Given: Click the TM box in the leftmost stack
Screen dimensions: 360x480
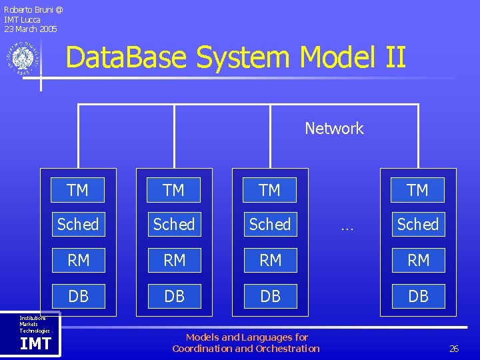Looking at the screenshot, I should tap(78, 190).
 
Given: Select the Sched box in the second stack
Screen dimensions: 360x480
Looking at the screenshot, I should tap(174, 225).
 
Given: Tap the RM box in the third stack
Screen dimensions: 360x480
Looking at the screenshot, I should tap(270, 260).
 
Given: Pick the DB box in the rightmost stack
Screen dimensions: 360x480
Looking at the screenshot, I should tap(418, 295).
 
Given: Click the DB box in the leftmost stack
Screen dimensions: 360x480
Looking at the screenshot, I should tap(78, 295).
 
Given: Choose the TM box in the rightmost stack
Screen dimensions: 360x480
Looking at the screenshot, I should tap(418, 190).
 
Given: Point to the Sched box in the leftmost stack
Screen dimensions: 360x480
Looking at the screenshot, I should tap(78, 225).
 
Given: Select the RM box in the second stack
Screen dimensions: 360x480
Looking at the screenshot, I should tap(174, 260).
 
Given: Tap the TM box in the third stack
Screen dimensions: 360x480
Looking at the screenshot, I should tap(270, 190).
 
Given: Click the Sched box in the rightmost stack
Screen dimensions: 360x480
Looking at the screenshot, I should tap(418, 225).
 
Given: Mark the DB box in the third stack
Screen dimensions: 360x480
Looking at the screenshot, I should tap(270, 295).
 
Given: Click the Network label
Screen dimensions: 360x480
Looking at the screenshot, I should tap(334, 128).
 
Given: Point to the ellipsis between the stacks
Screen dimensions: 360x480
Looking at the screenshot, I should tap(347, 227).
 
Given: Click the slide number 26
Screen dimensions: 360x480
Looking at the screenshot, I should tap(454, 349).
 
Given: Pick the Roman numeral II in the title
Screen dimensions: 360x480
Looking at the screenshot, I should tap(394, 57).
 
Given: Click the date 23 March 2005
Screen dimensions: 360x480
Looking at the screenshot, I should tap(31, 29).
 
